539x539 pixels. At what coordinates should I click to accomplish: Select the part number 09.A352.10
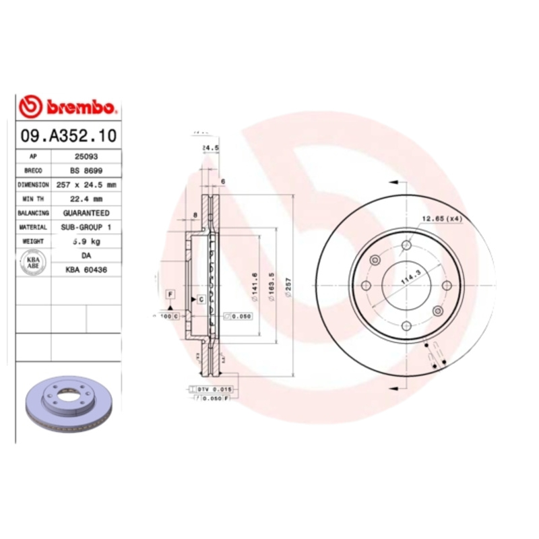point(69,136)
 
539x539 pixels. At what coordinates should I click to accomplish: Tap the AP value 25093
point(86,156)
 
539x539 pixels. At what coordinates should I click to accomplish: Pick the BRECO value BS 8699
point(86,170)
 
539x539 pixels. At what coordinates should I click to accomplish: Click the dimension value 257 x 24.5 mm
point(86,184)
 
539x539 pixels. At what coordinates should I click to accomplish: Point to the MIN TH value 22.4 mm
point(86,198)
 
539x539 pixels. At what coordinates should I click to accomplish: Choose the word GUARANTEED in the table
point(86,213)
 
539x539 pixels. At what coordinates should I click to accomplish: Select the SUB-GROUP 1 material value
point(86,227)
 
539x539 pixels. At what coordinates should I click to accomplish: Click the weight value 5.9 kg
point(86,241)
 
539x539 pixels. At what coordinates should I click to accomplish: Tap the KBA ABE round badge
point(33,263)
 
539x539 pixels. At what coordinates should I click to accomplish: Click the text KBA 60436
point(86,269)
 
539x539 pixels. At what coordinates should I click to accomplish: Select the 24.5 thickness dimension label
point(211,148)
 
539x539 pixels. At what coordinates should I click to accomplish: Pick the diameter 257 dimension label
point(290,284)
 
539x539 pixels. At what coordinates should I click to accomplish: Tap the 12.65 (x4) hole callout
point(441,218)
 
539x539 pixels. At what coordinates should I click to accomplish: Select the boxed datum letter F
point(171,294)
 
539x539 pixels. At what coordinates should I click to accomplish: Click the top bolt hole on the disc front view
point(406,246)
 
